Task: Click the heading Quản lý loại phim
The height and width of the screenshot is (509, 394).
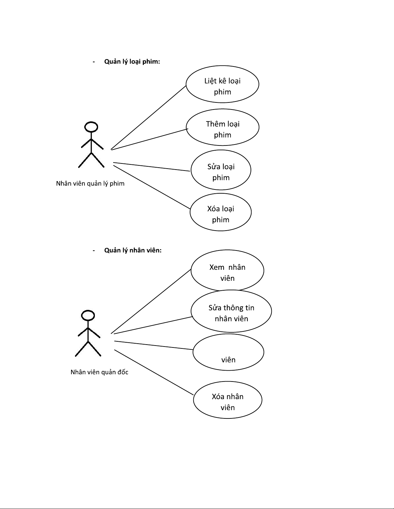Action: point(132,62)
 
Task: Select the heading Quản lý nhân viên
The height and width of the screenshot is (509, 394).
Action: point(133,250)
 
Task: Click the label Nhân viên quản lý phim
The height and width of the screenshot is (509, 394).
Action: point(90,184)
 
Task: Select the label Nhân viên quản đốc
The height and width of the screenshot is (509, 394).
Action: point(99,372)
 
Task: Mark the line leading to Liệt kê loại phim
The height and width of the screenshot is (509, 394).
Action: point(149,118)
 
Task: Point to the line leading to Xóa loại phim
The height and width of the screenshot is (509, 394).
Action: point(152,187)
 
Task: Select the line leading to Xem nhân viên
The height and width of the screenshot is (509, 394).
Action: point(151,302)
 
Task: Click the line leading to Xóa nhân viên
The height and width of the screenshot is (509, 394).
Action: point(154,373)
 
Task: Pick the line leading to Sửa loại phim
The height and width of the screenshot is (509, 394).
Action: point(151,167)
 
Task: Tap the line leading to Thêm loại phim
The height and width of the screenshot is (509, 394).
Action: point(150,139)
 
